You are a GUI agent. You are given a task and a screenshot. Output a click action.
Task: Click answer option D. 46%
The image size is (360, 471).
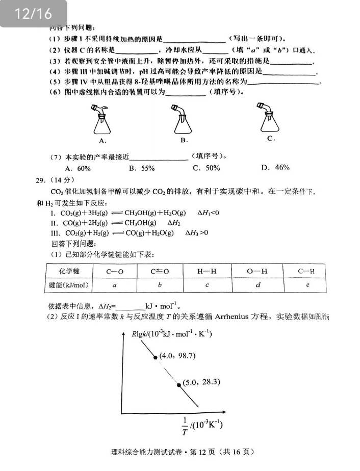tap(275, 168)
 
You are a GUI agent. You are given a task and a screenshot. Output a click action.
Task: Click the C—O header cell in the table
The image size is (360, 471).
tap(115, 271)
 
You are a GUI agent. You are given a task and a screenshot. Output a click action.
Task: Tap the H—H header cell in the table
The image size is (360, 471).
tap(207, 271)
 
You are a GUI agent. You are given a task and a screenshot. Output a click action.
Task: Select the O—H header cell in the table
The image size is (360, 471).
tap(257, 271)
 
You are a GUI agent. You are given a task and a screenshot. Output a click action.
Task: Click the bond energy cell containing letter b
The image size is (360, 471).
tap(160, 285)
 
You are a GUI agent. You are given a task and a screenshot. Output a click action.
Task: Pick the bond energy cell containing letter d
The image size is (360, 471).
tap(257, 285)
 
